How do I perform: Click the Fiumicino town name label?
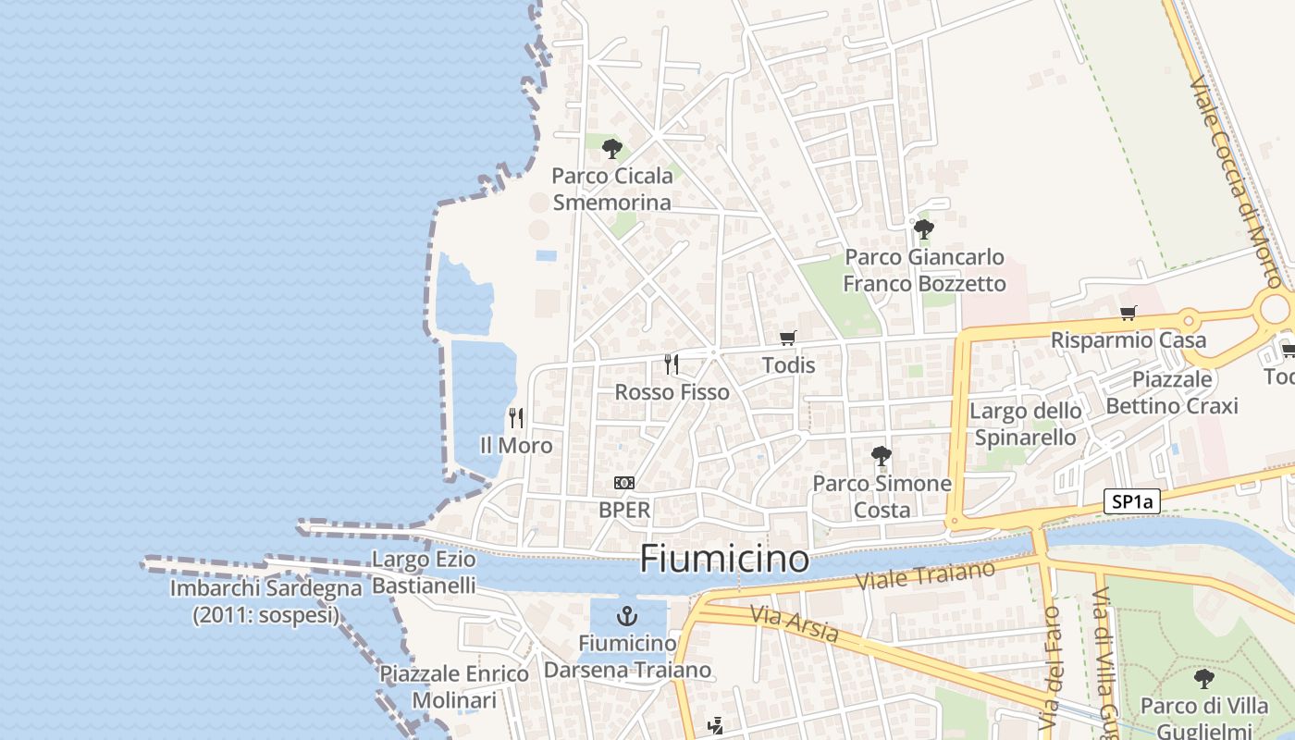pyautogui.click(x=724, y=559)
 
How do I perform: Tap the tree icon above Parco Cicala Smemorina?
pyautogui.click(x=611, y=148)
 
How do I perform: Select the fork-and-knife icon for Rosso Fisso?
pyautogui.click(x=672, y=364)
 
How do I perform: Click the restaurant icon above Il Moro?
pyautogui.click(x=516, y=418)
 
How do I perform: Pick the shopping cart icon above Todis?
pyautogui.click(x=788, y=338)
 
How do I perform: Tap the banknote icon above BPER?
pyautogui.click(x=624, y=483)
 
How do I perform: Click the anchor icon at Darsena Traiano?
pyautogui.click(x=628, y=616)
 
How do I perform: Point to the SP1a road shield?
pyautogui.click(x=1133, y=502)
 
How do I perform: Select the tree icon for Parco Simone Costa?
pyautogui.click(x=882, y=455)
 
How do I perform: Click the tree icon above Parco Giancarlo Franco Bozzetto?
pyautogui.click(x=922, y=228)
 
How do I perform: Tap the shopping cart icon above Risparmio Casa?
pyautogui.click(x=1128, y=313)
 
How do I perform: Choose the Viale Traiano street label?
pyautogui.click(x=926, y=574)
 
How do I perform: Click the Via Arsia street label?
pyautogui.click(x=795, y=624)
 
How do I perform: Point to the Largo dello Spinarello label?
pyautogui.click(x=1025, y=424)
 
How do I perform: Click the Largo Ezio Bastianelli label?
pyautogui.click(x=424, y=572)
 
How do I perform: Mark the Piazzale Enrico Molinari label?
pyautogui.click(x=454, y=686)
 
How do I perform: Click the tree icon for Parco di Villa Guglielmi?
pyautogui.click(x=1203, y=679)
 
